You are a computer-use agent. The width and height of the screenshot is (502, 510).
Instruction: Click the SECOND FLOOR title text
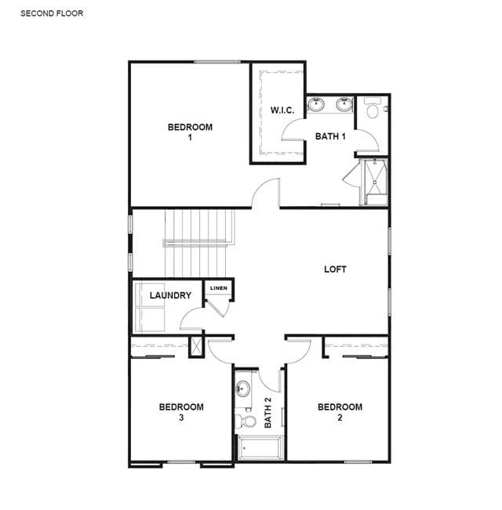[52, 13]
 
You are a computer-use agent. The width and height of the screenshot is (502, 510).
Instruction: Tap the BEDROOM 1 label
[190, 132]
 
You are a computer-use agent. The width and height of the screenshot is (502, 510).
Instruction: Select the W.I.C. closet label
[282, 110]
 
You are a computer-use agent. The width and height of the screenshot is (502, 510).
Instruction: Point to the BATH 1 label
[330, 136]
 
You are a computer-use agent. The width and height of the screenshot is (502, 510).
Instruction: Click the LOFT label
[335, 269]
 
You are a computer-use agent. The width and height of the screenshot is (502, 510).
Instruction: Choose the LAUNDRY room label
[170, 295]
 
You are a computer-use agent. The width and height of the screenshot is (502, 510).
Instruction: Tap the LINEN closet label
[219, 288]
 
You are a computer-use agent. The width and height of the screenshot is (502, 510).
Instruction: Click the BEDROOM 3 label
[181, 412]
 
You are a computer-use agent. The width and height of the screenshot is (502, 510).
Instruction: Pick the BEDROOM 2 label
[340, 412]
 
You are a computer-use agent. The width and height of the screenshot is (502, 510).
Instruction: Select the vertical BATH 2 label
[267, 413]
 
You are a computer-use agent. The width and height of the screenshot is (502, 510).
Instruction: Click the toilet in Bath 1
[372, 108]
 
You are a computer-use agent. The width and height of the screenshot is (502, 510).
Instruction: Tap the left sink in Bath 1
[316, 104]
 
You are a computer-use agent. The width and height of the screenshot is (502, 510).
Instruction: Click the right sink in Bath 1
[344, 104]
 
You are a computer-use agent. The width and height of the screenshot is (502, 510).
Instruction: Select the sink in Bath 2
[242, 389]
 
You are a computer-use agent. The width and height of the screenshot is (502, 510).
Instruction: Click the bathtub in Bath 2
[260, 448]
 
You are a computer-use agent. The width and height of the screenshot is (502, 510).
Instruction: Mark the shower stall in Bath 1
[374, 182]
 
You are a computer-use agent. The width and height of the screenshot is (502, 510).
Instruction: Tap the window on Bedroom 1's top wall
[217, 61]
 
